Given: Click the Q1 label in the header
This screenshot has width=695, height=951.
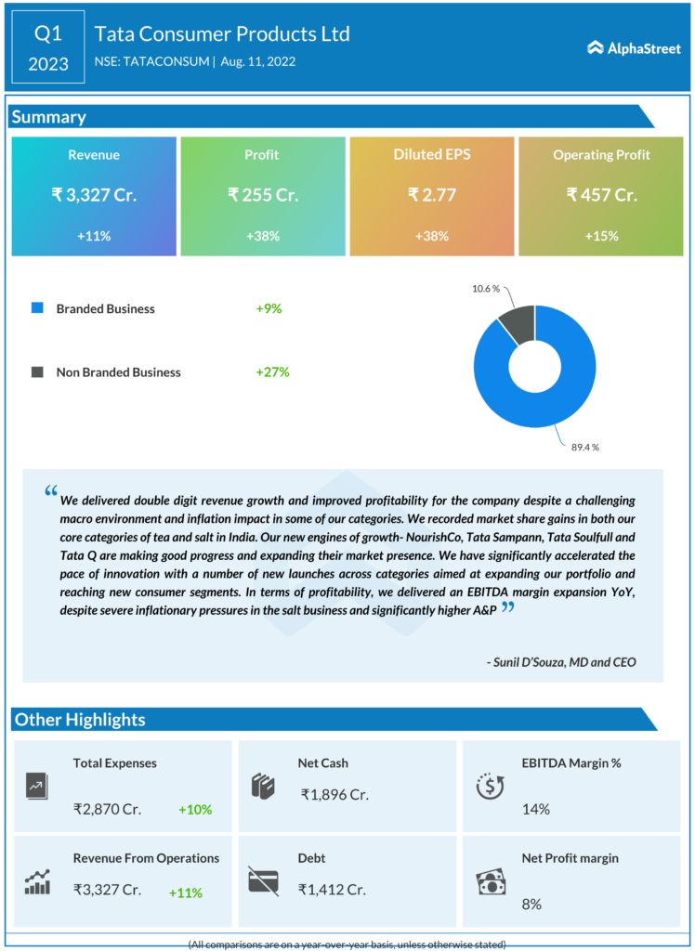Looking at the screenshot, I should coord(48,34).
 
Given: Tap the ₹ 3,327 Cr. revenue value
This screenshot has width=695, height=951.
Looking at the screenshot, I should coord(94,195).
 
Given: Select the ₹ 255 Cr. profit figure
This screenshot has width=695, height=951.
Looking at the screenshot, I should coord(262,195).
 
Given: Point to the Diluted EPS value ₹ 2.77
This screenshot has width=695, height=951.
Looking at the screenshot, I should coord(431,195).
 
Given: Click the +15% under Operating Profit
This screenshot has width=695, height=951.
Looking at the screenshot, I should coord(600,236).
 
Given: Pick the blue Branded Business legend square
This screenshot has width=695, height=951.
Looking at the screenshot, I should coord(37,308).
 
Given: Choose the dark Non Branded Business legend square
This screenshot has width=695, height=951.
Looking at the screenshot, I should coord(37,372).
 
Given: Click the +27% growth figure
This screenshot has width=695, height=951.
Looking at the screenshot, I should coord(273,372).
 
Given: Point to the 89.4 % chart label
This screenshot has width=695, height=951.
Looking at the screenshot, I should coord(584,447).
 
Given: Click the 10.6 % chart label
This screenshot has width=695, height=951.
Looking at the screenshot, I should coord(485,289).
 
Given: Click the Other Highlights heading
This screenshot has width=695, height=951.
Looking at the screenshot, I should coord(80,720).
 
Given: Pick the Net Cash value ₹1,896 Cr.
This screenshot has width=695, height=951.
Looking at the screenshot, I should coord(334,794).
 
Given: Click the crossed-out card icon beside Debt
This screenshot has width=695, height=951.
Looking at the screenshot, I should coord(263,879).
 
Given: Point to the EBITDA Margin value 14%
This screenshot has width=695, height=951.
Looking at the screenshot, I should coord(535,809).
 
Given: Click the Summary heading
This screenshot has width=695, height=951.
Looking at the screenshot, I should coord(48,117).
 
